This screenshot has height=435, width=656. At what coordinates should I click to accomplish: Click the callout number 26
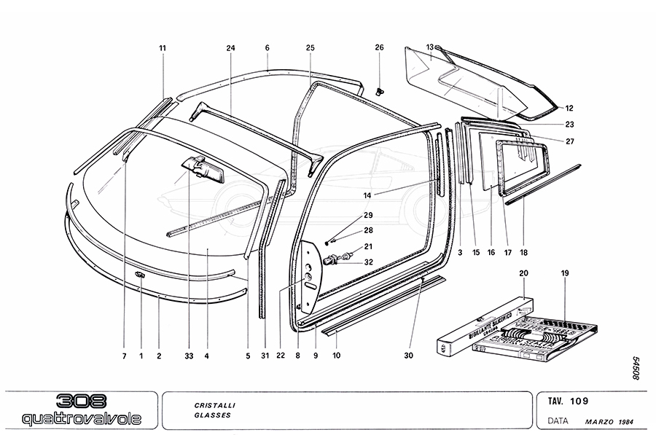pos(379,48)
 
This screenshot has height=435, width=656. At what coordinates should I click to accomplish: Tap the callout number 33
pos(189,356)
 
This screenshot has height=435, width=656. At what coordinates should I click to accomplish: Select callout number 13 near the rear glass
pos(430,47)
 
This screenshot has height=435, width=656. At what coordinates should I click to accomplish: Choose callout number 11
pos(163,48)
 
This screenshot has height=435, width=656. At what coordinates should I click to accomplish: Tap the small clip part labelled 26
pos(380,91)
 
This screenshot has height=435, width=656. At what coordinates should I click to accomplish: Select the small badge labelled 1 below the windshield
pos(139,274)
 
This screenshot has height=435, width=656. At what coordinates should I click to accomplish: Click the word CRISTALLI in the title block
pos(215,404)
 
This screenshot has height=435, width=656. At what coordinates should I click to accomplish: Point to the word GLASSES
pos(212,415)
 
